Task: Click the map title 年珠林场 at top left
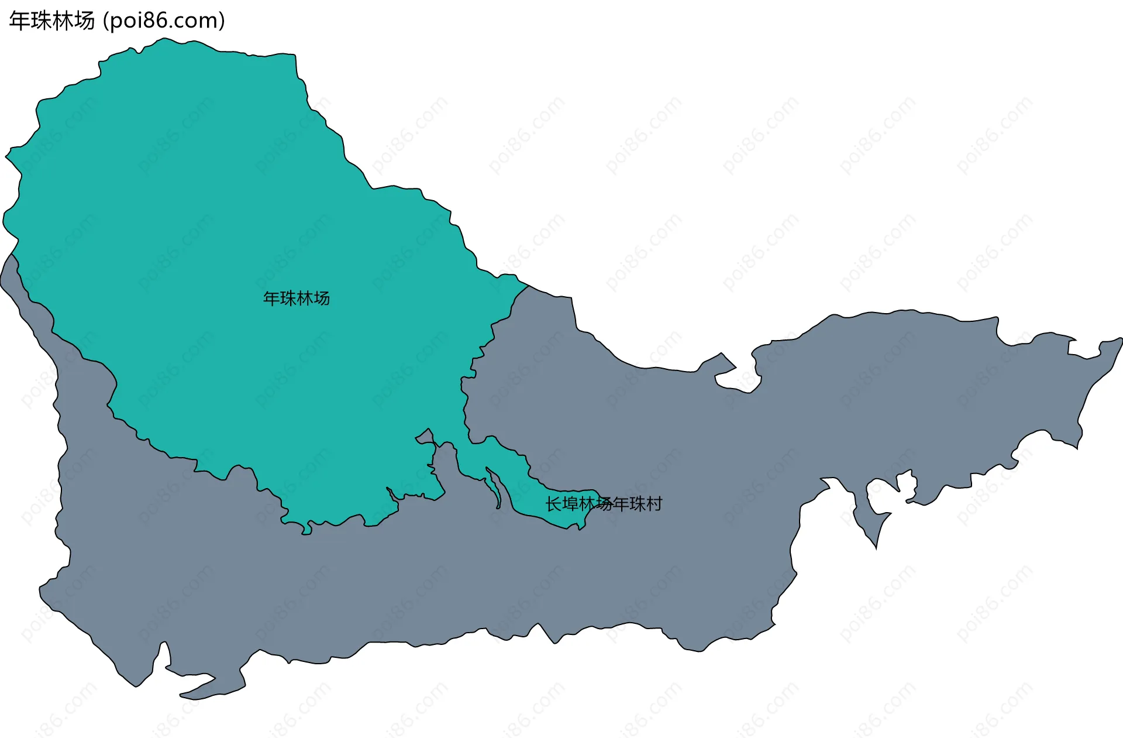(51, 21)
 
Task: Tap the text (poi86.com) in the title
(164, 21)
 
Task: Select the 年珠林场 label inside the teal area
(296, 298)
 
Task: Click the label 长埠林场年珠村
(604, 504)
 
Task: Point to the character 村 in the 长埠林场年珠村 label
(654, 504)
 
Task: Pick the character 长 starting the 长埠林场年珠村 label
(554, 504)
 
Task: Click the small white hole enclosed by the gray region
(907, 483)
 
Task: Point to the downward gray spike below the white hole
(876, 541)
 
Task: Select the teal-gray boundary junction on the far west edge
(12, 255)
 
